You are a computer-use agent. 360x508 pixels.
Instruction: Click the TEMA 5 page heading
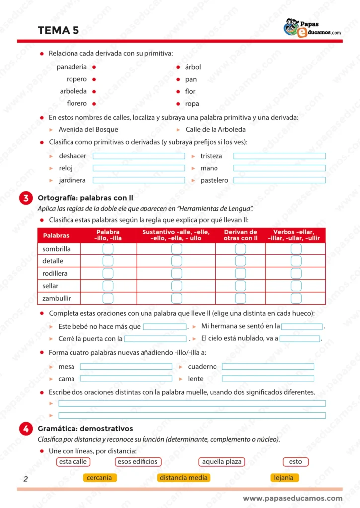tap(58, 30)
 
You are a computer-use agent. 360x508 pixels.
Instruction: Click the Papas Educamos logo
tap(311, 28)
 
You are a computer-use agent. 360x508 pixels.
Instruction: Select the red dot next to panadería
tap(94, 67)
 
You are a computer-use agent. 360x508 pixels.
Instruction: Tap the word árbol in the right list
tap(193, 67)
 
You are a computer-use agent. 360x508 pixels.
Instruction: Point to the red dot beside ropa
tap(178, 104)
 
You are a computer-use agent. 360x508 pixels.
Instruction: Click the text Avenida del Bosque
tap(88, 129)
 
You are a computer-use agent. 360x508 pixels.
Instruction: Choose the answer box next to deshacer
tap(139, 156)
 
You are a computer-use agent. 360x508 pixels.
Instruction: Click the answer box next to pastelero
tap(280, 180)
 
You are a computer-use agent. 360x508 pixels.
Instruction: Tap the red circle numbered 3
tap(25, 198)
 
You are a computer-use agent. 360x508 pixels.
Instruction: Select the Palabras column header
tap(56, 235)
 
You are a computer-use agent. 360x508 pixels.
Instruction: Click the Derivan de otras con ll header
tap(240, 235)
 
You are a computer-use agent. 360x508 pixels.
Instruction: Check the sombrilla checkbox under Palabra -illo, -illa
tap(108, 249)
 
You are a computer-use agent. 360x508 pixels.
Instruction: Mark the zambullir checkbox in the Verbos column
tap(296, 298)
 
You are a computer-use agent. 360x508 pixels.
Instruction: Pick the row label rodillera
tap(55, 273)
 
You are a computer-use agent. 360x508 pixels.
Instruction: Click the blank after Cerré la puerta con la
tap(155, 339)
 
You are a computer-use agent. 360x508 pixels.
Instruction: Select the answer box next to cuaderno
tap(268, 367)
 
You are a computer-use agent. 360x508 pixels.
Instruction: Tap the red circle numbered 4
tap(25, 429)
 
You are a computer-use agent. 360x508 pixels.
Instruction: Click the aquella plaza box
tap(221, 462)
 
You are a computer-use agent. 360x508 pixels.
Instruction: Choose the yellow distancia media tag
tap(183, 478)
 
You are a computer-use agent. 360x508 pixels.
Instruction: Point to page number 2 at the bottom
tap(25, 479)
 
